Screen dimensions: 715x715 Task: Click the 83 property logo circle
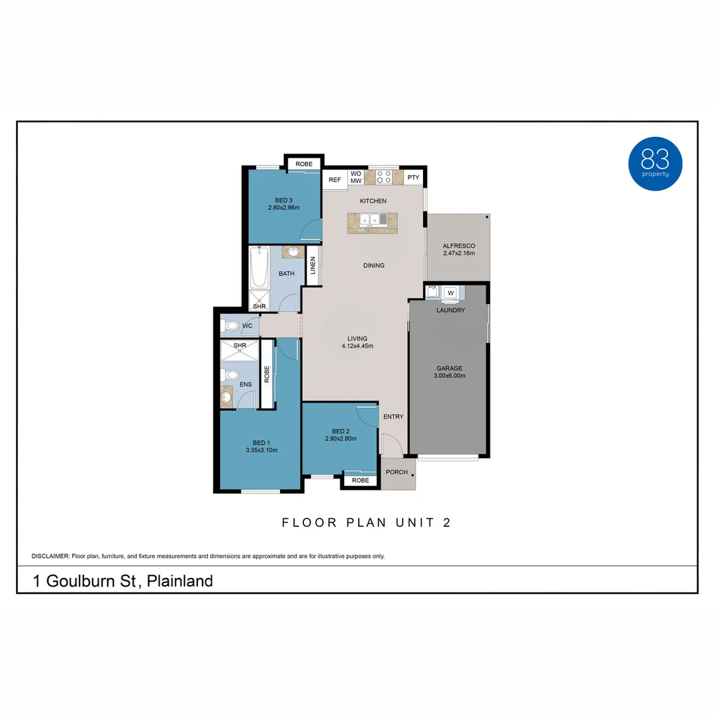coord(655,164)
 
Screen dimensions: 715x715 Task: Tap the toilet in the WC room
coord(230,326)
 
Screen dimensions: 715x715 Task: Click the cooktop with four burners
coord(384,177)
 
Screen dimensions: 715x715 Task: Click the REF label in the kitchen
coord(335,179)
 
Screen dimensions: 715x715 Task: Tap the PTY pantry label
coord(413,177)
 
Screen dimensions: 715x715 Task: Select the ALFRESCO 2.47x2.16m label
coord(459,250)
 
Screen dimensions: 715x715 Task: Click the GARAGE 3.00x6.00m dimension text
coord(450,376)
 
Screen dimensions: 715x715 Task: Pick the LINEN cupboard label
coord(312,266)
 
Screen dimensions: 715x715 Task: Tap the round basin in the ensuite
coord(226,397)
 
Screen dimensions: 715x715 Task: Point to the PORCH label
coord(397,472)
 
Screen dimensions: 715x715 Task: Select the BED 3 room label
coord(283,204)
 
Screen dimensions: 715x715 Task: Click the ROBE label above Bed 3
coord(304,164)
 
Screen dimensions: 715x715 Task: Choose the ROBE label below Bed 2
coord(360,481)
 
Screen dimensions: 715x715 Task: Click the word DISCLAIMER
coord(50,556)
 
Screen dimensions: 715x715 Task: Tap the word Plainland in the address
coord(179,581)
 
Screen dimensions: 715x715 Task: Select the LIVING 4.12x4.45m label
coord(358,342)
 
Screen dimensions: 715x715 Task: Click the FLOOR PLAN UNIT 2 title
coord(366,522)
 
